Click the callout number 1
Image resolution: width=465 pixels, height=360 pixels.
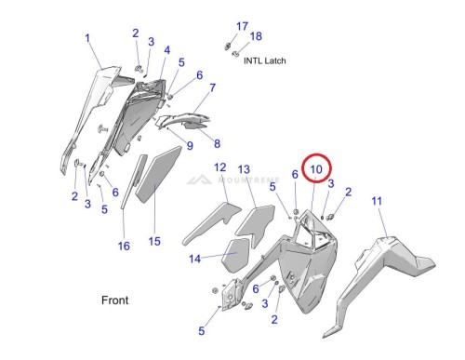click(87, 38)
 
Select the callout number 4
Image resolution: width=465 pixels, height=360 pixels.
click(167, 50)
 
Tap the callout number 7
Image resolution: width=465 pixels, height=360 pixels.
click(212, 87)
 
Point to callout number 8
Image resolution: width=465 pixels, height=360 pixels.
click(217, 143)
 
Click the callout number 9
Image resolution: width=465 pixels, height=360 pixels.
click(190, 145)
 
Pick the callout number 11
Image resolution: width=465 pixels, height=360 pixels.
click(377, 201)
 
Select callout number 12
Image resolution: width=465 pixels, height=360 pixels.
click(220, 167)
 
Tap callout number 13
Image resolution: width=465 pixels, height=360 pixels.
click(244, 169)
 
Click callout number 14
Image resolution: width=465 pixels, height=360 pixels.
click(195, 259)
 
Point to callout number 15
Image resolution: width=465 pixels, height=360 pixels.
click(154, 241)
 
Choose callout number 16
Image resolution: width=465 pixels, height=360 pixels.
click(124, 247)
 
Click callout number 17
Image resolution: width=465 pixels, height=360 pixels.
click(242, 26)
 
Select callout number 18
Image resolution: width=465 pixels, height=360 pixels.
click(256, 36)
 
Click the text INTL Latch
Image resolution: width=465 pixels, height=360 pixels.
click(265, 60)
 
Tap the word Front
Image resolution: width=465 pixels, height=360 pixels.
click(115, 300)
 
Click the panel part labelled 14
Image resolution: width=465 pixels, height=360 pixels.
click(235, 255)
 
